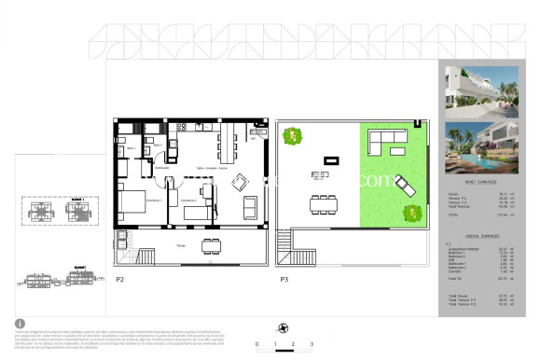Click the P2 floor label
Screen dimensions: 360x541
[x=119, y=278]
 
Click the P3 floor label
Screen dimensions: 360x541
[x=283, y=278]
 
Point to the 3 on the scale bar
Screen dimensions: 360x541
[x=310, y=344]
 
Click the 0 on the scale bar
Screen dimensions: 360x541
[x=257, y=344]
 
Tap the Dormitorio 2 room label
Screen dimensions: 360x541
[x=188, y=200]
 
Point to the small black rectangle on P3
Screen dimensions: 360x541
[x=328, y=159]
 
